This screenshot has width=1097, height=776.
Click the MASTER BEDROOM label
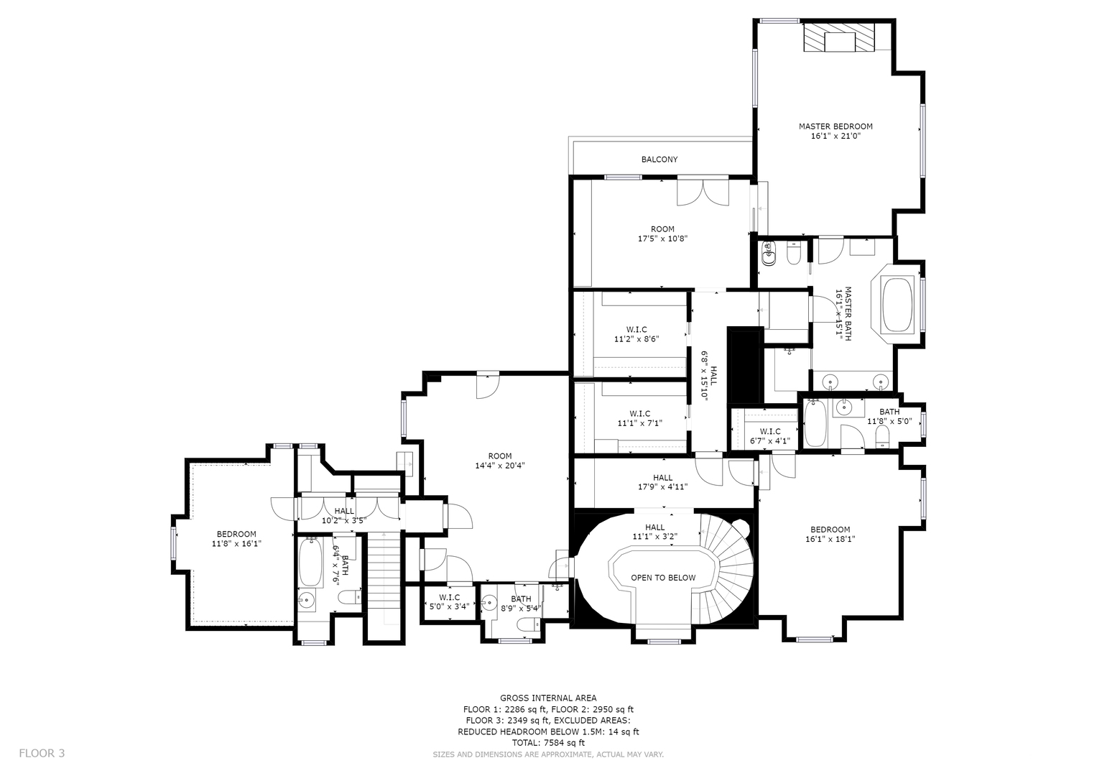[x=836, y=126]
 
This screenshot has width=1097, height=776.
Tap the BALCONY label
[x=659, y=160]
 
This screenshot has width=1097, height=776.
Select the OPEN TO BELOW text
[x=662, y=578]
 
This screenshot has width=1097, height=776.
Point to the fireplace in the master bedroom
[x=839, y=37]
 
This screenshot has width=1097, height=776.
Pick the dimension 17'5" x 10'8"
[x=662, y=239]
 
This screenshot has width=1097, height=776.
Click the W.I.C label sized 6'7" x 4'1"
[x=770, y=431]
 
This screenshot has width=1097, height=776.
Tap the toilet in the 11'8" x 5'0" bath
[x=882, y=436]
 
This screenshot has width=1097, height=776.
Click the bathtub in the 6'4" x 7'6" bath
[x=310, y=562]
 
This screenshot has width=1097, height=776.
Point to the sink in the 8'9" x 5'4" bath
[x=489, y=603]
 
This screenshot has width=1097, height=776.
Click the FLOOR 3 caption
[x=42, y=753]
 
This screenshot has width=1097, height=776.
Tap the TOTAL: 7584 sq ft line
[x=548, y=743]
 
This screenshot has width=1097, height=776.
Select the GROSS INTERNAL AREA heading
[x=548, y=698]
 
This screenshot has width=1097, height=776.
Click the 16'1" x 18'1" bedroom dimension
[x=830, y=539]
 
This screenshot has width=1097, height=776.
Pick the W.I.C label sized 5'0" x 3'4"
[x=449, y=597]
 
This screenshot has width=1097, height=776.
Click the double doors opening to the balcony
[x=703, y=193]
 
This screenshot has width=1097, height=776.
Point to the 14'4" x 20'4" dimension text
[x=499, y=466]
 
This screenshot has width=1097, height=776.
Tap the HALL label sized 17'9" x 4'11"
[x=662, y=478]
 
